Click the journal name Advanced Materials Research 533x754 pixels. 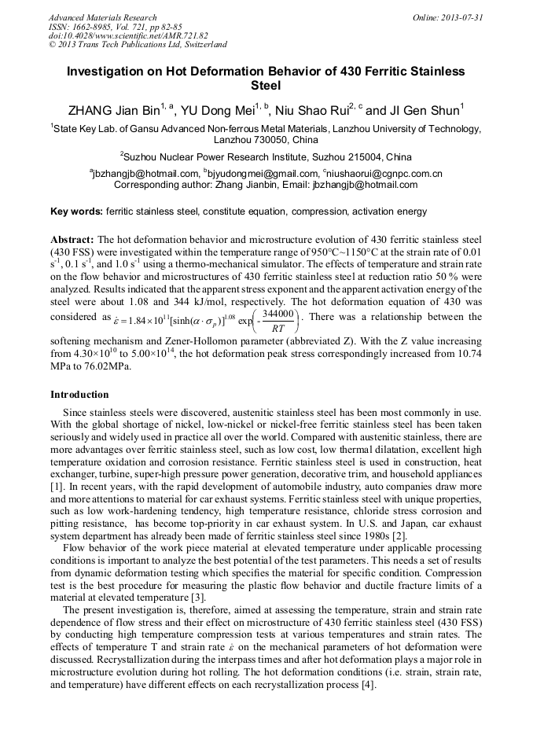[102, 17]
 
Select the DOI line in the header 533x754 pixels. [128, 35]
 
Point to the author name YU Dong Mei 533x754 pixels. [221, 109]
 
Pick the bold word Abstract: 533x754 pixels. [72, 239]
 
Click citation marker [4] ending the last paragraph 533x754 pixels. [369, 685]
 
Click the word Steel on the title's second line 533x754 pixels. [266, 85]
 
